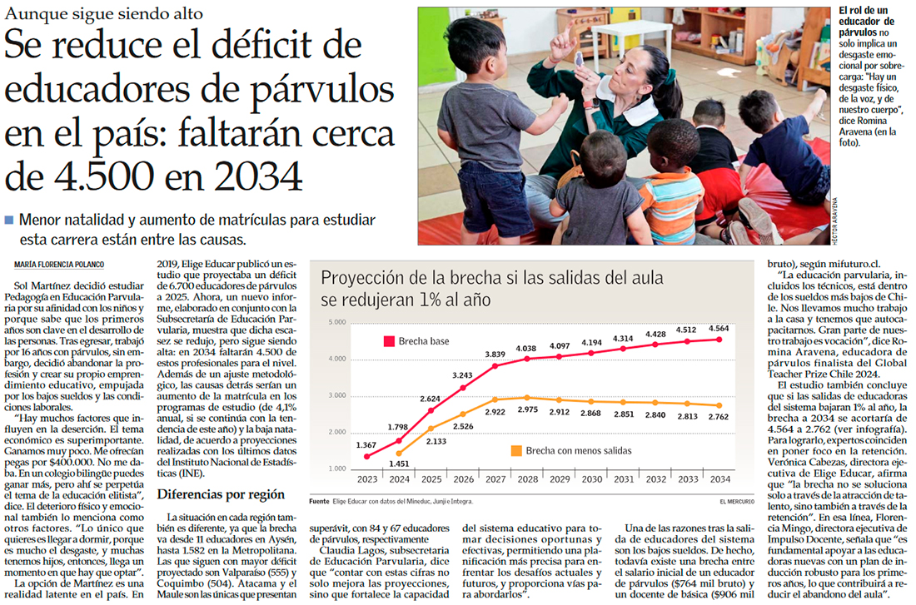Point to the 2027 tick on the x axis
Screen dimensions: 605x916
coord(496,479)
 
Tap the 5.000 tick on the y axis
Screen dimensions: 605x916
coord(336,322)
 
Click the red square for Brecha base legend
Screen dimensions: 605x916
coord(388,341)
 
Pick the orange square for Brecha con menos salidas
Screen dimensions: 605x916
coord(517,450)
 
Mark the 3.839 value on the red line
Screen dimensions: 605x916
coord(496,355)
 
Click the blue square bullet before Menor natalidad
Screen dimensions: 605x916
coord(9,221)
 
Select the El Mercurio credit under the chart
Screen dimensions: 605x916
coord(736,502)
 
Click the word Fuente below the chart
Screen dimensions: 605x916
coord(319,502)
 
